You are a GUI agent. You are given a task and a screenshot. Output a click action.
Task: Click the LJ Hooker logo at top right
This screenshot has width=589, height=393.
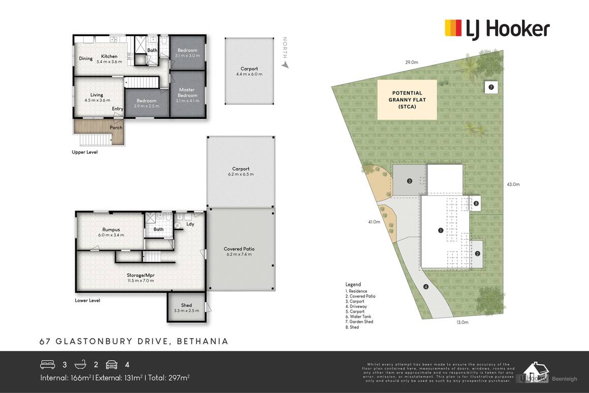pos(497,28)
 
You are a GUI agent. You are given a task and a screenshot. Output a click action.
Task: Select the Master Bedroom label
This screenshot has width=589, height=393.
pos(187,93)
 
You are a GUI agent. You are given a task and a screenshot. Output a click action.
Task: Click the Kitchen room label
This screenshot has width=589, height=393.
pos(109,56)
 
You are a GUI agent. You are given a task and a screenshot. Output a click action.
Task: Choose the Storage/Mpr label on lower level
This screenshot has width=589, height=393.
pos(141,275)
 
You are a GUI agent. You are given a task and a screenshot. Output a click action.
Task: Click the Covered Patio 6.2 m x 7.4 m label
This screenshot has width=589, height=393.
pos(239,249)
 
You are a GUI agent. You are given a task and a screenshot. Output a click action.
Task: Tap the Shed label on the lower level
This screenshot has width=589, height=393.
pos(186,305)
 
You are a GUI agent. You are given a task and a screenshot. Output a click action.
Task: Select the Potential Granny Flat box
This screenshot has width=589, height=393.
pos(407,100)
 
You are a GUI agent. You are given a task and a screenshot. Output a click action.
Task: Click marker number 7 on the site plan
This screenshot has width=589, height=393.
pos(491,87)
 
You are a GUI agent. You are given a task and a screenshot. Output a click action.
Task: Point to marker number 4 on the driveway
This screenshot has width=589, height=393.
pos(426,287)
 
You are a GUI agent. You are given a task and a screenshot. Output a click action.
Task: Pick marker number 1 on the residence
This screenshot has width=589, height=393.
pos(440,231)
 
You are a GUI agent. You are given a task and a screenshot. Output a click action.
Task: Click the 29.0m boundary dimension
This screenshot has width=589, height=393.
pos(411,62)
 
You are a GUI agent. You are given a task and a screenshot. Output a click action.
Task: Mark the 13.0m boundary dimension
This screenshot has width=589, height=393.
pos(462,322)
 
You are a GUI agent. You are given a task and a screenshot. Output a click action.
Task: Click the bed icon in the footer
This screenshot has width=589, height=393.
pos(47,365)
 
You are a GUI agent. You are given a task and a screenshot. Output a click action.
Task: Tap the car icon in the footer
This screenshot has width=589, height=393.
pos(111,365)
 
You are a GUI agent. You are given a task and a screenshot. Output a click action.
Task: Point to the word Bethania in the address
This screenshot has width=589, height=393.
pos(203,341)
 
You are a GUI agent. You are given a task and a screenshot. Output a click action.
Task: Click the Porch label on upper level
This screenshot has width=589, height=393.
pos(116,127)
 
